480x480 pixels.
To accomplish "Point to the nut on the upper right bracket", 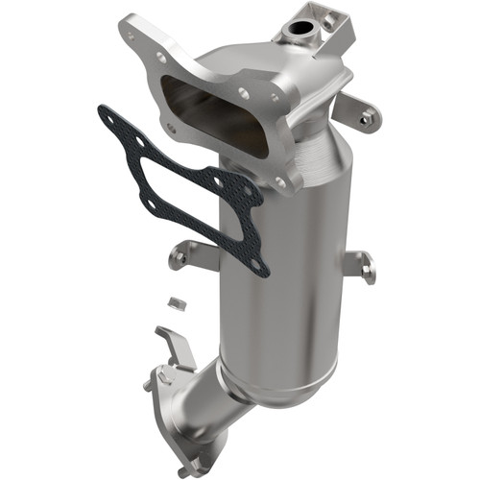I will point(368,118).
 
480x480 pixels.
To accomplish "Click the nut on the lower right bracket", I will point(368,272).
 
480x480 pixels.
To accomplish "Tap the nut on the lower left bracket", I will point(180,256).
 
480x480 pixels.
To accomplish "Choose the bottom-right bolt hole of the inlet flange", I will point(280,180).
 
